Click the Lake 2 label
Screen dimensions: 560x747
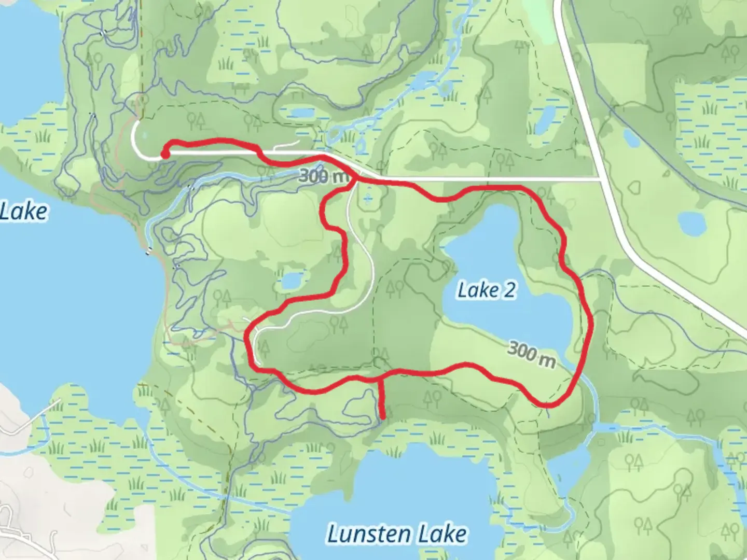point(487,290)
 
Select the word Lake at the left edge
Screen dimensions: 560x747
point(23,212)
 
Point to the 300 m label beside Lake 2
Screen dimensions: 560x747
point(531,354)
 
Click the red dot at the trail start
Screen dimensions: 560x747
point(164,154)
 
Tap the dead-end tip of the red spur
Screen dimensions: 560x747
point(383,416)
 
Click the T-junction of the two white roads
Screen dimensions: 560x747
point(600,179)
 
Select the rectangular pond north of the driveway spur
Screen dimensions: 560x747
point(301,113)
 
